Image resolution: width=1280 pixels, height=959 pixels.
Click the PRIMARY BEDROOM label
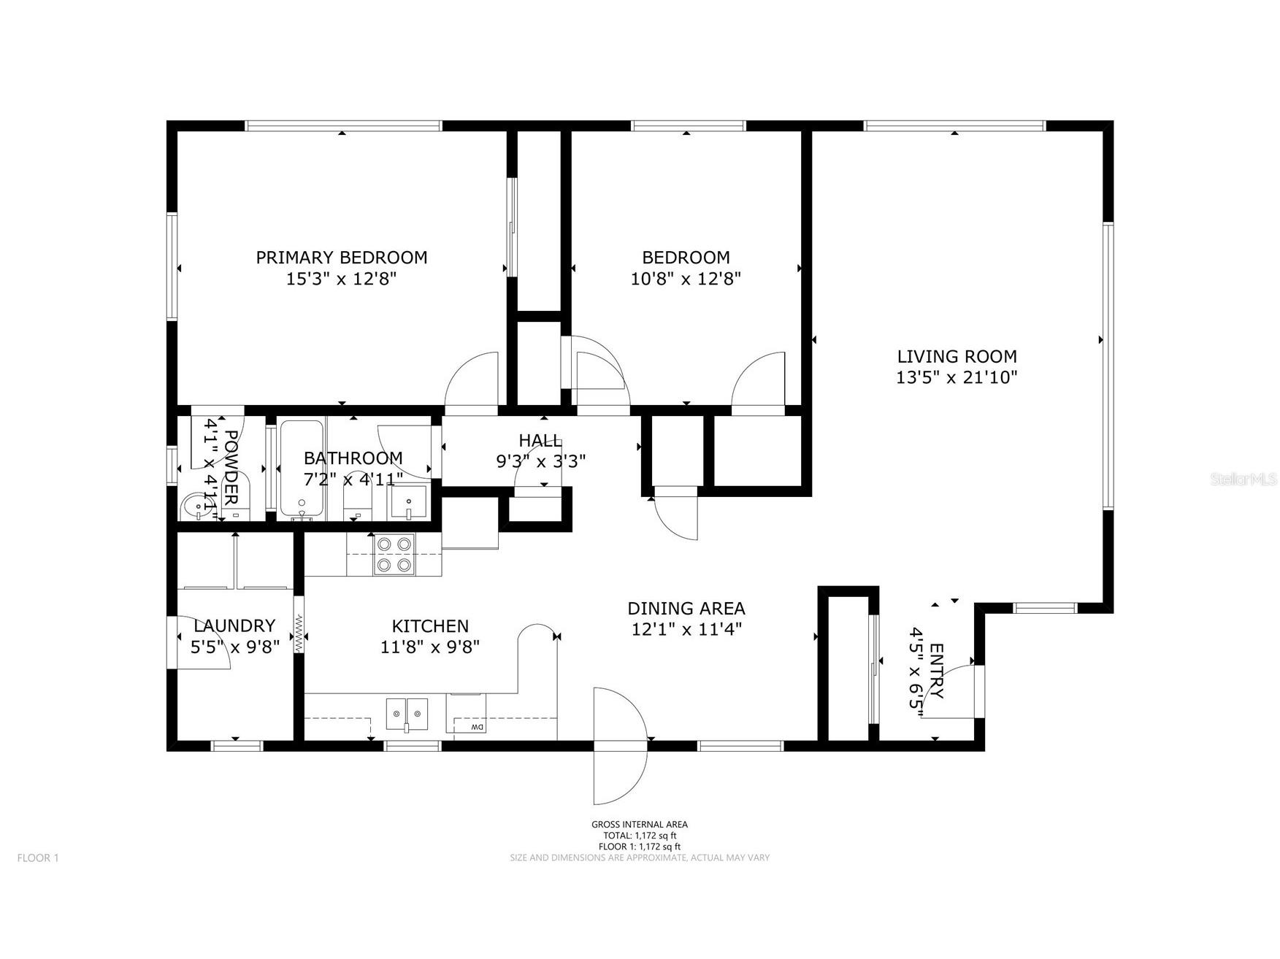coord(341,257)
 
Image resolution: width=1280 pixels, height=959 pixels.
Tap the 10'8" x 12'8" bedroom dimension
coord(686,278)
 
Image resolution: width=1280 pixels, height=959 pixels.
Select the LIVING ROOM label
coord(957,356)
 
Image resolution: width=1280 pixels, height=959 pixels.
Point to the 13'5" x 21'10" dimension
coord(957,377)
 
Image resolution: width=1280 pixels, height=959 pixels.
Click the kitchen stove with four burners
coord(394,554)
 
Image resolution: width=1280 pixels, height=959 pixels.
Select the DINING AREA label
coord(686,608)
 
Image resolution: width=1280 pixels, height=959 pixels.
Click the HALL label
coord(540,440)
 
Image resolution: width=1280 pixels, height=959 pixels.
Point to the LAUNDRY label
coord(234,625)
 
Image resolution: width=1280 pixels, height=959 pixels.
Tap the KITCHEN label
coord(430,626)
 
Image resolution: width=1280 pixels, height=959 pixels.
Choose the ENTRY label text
coord(937,671)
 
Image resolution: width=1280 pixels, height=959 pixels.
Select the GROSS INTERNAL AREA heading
coord(639,825)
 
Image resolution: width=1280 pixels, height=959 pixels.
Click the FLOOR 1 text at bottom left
coord(38,858)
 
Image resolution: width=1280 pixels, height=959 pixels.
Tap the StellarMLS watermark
coord(1243,479)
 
